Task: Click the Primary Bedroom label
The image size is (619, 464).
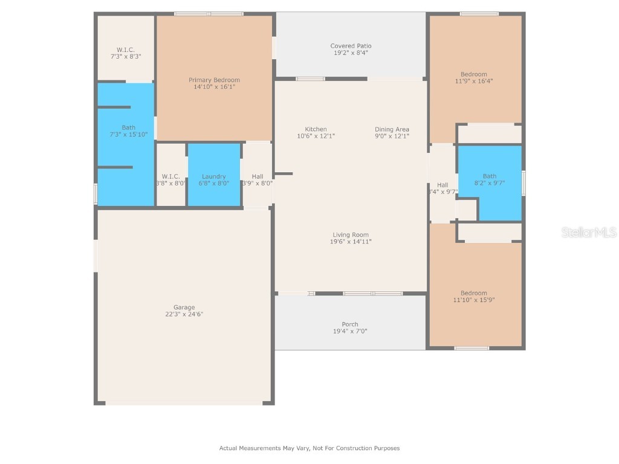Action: pos(214,80)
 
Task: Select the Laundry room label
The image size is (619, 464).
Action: pos(214,176)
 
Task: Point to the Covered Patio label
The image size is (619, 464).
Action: pos(351,46)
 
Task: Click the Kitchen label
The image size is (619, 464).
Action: pos(316,129)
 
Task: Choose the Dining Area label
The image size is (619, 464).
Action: pos(392,129)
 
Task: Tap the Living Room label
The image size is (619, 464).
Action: pos(351,235)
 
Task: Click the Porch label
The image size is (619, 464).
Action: pos(350,324)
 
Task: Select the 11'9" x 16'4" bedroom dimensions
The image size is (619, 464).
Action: pos(474,81)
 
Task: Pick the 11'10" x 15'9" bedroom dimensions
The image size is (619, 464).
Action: pos(474,300)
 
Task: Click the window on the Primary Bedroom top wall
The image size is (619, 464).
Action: pos(209,14)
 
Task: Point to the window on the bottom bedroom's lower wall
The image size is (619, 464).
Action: pos(472,348)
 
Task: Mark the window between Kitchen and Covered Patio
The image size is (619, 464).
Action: pos(310,79)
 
